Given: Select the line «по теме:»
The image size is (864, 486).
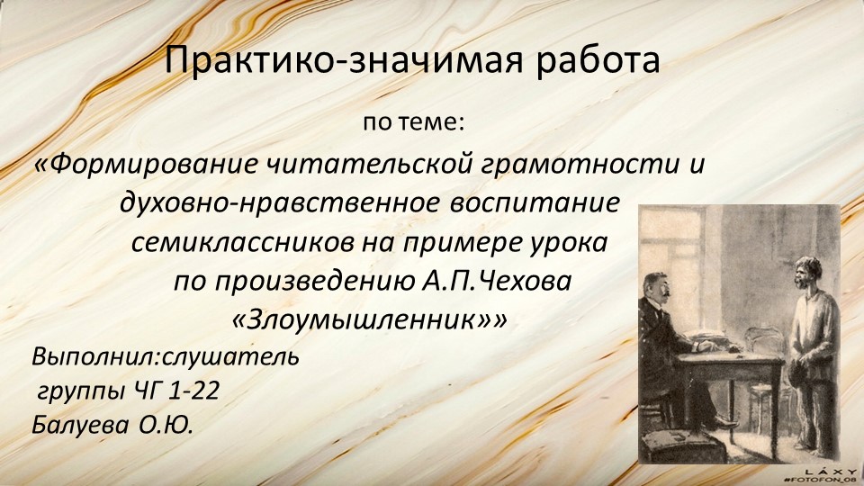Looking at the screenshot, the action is point(414,123).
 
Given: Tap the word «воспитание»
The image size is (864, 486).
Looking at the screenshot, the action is point(535,202).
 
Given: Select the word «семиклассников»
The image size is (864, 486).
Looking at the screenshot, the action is point(243,243).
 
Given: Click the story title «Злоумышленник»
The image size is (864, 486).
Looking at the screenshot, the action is point(362,320).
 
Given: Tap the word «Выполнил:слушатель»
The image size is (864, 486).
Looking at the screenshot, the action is point(166,357).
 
